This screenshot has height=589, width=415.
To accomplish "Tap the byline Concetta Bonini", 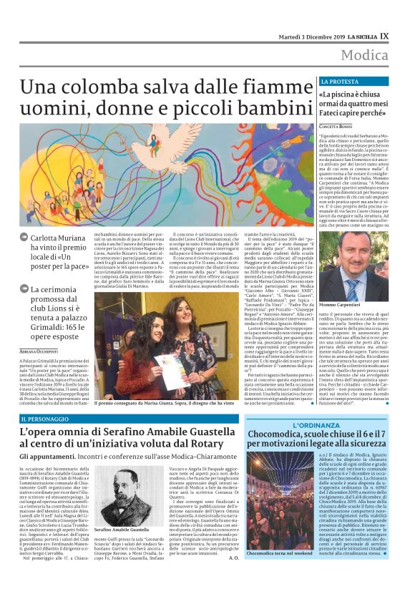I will [x=340, y=126].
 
